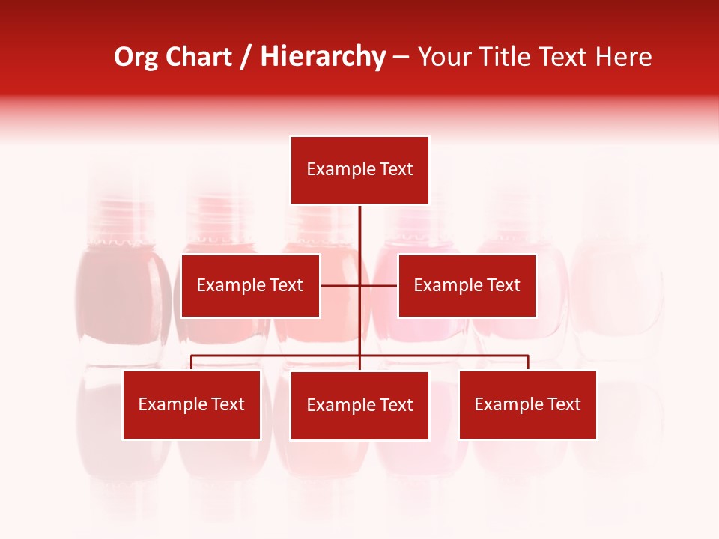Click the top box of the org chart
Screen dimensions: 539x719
(x=359, y=170)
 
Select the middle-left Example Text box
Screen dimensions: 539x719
(x=250, y=285)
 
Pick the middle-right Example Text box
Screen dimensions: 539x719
(x=467, y=285)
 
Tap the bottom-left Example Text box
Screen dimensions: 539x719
(x=192, y=404)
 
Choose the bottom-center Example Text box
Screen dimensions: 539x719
(x=359, y=405)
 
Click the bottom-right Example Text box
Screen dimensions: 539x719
(x=527, y=404)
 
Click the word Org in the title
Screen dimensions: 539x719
(x=136, y=57)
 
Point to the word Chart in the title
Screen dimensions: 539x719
(x=199, y=57)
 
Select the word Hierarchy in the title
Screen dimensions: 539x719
(x=323, y=57)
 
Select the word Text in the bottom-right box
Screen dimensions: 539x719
(x=563, y=404)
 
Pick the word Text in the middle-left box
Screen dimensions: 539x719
(x=286, y=285)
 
